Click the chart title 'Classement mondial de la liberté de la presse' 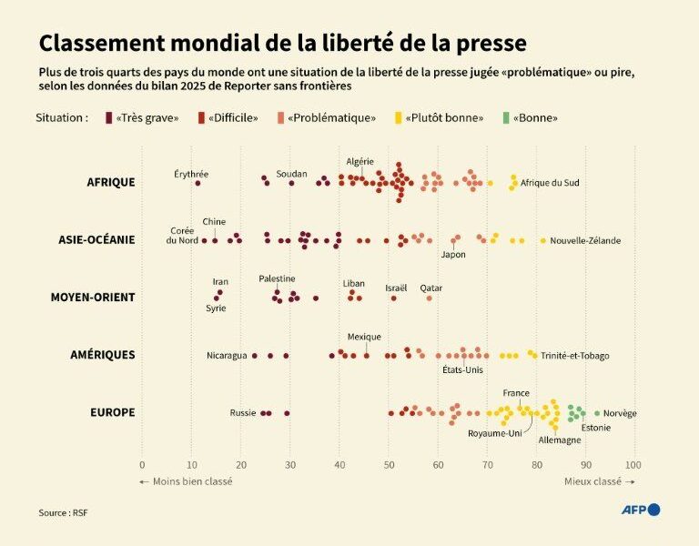[x=282, y=43]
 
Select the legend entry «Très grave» [x=142, y=118]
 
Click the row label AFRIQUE [x=110, y=182]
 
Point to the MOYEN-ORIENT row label [x=92, y=298]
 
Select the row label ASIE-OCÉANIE [x=96, y=240]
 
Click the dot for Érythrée [x=198, y=183]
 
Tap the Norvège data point [x=597, y=413]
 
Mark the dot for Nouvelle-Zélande [x=543, y=240]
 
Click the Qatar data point [x=430, y=298]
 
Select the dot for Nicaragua [x=254, y=356]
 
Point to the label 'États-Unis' [x=462, y=369]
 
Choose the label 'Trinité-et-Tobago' [x=575, y=356]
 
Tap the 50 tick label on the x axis [x=389, y=465]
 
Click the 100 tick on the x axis [x=633, y=465]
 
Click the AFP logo [x=641, y=510]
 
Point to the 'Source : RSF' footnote [x=64, y=513]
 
